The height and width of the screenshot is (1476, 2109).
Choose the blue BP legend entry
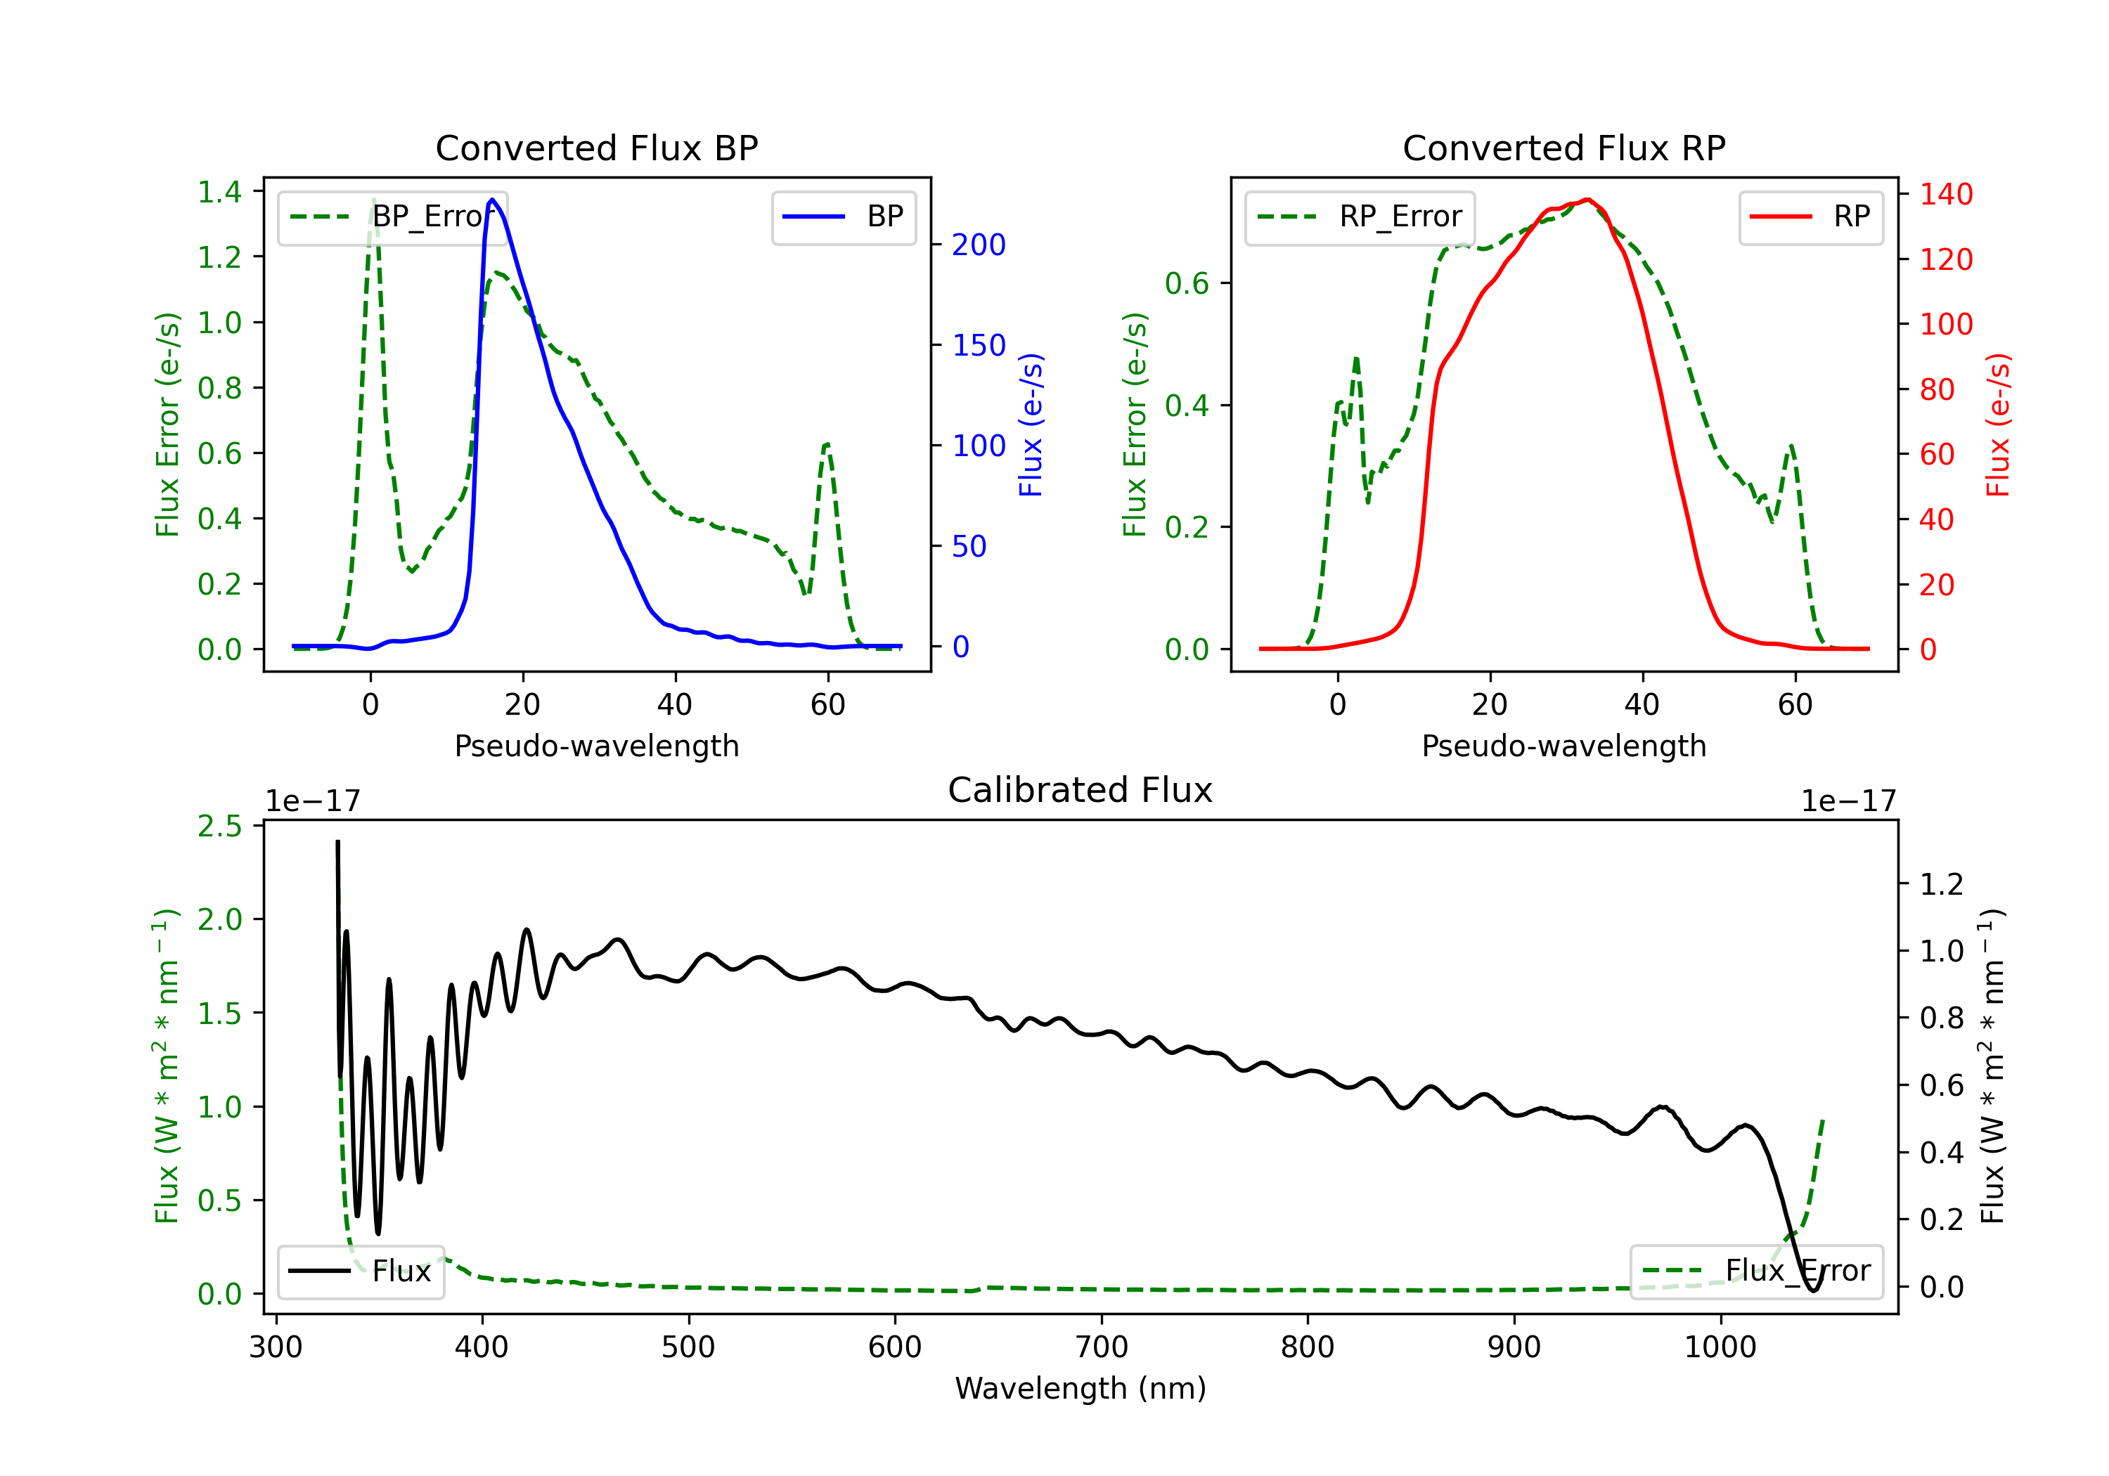click(843, 216)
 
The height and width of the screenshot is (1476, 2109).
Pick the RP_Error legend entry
click(1360, 216)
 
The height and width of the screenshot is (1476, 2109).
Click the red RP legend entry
click(1810, 216)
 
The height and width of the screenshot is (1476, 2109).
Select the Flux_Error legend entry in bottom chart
click(1756, 1271)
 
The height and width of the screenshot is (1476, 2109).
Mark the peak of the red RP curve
click(1587, 200)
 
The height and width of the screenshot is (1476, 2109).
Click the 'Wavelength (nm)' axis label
click(1081, 1389)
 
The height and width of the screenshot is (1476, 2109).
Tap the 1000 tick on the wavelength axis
click(1720, 1347)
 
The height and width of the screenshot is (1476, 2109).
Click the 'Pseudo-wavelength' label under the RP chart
click(1563, 746)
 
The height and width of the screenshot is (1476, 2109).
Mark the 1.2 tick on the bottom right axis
click(1942, 883)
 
